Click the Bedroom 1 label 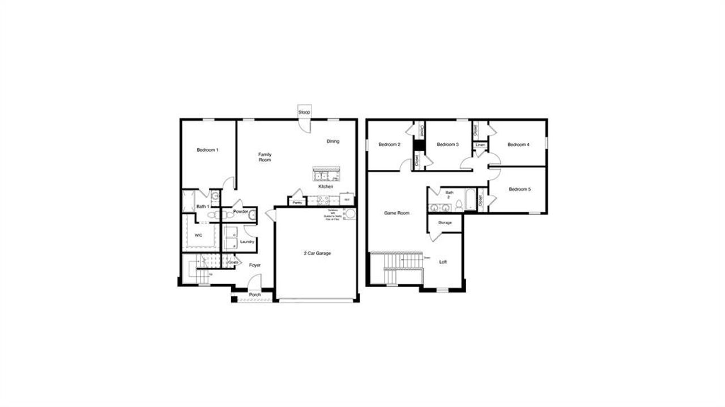207,150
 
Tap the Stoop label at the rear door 304,113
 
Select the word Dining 333,142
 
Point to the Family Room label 265,157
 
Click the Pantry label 296,202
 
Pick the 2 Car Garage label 317,253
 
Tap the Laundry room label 247,242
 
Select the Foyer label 255,265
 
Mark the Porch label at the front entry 255,295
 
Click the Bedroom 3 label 447,144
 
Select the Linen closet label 480,145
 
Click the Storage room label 445,222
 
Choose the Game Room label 396,213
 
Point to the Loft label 443,262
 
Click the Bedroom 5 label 519,189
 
